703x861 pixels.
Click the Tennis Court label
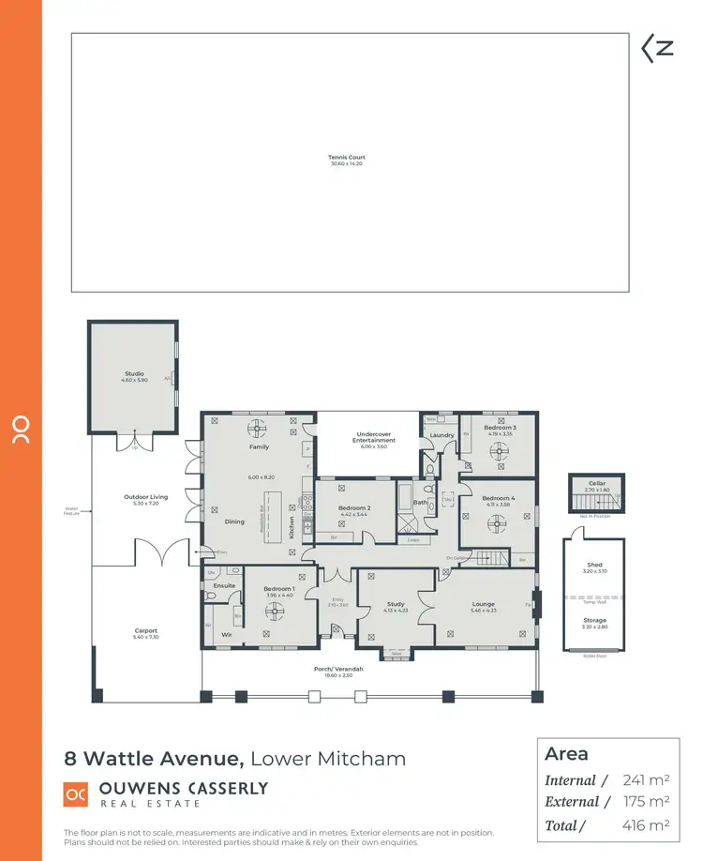coord(346,159)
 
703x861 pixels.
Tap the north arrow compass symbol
coord(657,49)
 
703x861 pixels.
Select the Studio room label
coord(133,376)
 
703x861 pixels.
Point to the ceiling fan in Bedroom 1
coord(274,611)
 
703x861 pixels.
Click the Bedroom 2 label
coord(354,509)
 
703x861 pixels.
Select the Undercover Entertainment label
coord(366,437)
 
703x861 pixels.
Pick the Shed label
coord(595,566)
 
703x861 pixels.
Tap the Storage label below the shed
coord(595,622)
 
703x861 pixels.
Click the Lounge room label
coord(484,605)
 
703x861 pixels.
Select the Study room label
coord(396,605)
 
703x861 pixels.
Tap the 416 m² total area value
coord(645,825)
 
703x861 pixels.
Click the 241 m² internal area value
coord(645,780)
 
